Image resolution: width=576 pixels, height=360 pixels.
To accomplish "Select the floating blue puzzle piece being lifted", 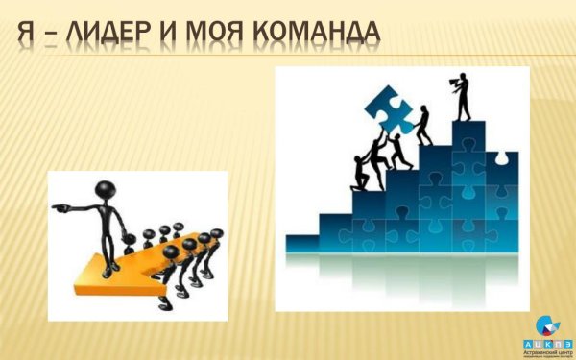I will point(390,107).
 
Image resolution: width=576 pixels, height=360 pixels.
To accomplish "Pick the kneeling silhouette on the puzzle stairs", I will point(361,170).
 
